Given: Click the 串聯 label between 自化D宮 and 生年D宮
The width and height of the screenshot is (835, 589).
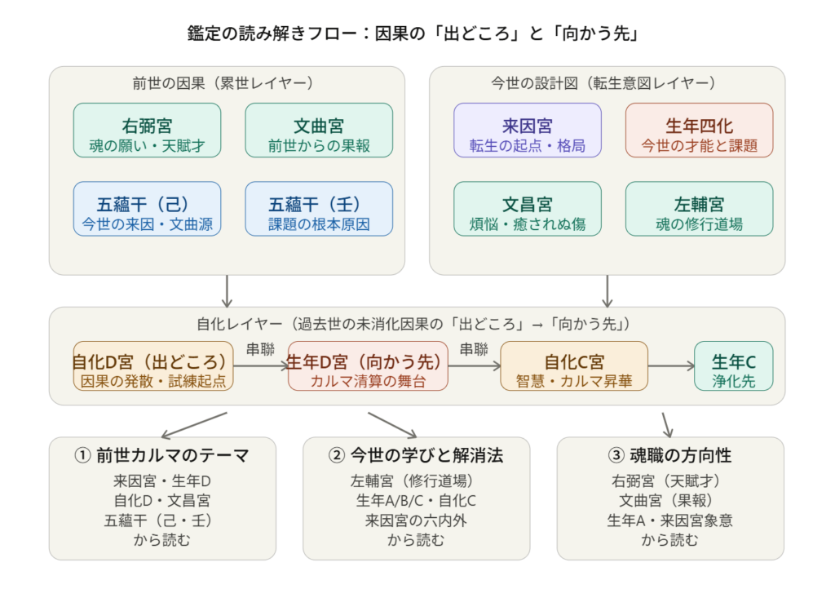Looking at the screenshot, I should coord(260,350).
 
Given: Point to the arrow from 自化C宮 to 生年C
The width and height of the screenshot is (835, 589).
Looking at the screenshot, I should coord(670,366).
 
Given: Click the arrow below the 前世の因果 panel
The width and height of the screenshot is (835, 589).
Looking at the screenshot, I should coord(227,290).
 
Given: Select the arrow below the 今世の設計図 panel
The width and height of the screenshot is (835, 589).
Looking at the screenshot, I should coord(607,290).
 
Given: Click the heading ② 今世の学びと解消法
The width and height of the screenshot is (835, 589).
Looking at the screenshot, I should coord(416,455).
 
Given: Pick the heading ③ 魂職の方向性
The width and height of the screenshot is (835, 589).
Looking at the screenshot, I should coord(669,455).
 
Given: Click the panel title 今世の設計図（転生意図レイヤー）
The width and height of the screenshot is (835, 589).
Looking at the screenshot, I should coord(607,82).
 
